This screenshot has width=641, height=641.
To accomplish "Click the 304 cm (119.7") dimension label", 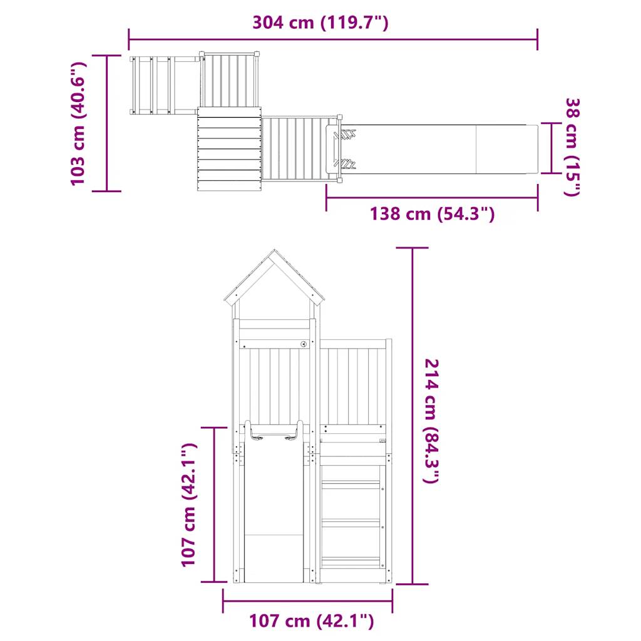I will (320, 23).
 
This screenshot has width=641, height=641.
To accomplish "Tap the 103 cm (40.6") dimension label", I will (78, 123).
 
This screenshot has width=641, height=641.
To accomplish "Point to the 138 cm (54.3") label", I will (432, 214).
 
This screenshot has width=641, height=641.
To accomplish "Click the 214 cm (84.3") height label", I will (431, 421).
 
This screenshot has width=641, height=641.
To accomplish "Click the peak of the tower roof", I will (274, 252).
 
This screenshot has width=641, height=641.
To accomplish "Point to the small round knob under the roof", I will (303, 343).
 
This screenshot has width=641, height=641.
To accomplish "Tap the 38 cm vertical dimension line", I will (551, 148).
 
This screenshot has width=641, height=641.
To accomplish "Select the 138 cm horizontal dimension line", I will (432, 198).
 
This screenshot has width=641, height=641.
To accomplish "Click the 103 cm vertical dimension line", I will (106, 123).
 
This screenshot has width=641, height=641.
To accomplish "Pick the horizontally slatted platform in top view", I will (229, 148).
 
